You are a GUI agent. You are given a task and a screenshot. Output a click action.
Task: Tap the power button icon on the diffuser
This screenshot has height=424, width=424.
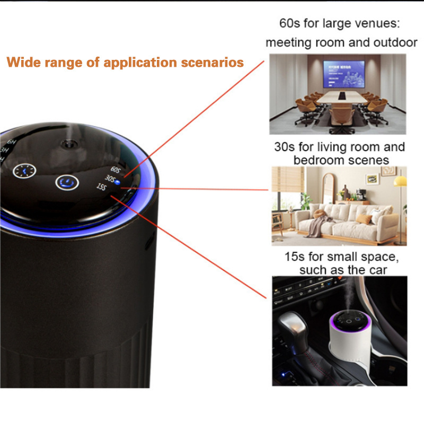pyautogui.click(x=67, y=183)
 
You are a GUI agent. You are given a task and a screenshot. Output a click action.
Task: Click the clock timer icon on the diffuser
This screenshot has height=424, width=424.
pyautogui.click(x=23, y=172)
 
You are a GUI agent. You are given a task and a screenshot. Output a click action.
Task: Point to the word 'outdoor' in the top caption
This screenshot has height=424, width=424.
pyautogui.click(x=392, y=42)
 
